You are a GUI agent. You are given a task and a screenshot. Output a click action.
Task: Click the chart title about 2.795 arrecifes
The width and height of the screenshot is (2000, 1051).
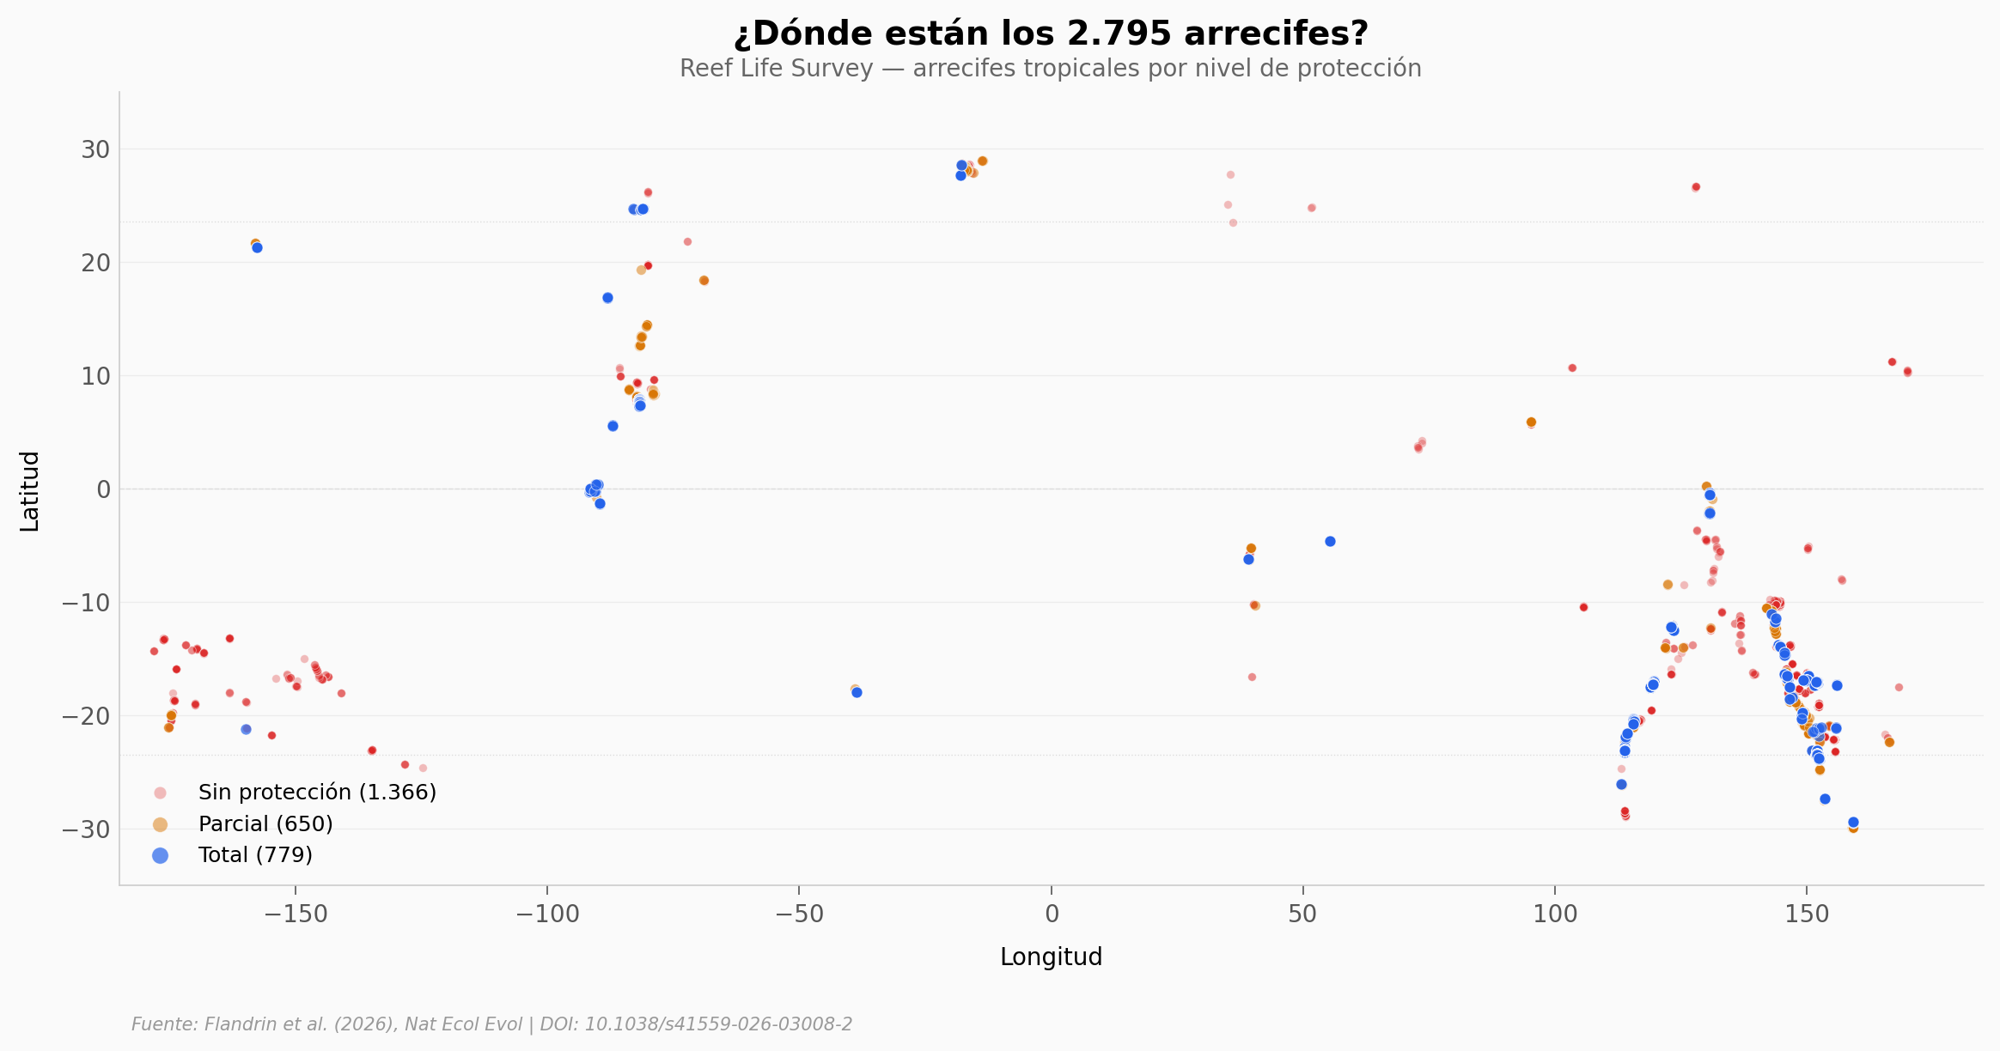1050,34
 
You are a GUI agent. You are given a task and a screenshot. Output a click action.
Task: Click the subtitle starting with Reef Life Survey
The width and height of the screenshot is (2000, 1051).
1050,69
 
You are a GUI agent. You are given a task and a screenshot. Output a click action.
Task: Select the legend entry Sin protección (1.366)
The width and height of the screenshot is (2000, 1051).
317,793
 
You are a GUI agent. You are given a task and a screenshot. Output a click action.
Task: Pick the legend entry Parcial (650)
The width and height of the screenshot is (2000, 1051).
265,824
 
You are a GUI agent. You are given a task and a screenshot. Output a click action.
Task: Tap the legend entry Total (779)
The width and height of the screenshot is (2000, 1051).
255,855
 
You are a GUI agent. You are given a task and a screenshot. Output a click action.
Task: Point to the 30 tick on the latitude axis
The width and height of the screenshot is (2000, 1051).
96,149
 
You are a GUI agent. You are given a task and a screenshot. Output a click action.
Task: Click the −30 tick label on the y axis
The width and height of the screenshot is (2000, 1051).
87,829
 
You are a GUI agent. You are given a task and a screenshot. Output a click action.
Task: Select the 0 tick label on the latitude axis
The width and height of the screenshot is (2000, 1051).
104,489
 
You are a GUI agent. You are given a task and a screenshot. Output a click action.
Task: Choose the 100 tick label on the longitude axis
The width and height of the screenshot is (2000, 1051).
1555,914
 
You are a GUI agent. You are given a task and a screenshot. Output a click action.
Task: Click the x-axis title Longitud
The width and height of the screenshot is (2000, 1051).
1051,957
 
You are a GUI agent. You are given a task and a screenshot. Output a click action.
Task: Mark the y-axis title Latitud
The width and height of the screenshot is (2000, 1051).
30,491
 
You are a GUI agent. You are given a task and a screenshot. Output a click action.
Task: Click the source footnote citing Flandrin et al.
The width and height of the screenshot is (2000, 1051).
491,1024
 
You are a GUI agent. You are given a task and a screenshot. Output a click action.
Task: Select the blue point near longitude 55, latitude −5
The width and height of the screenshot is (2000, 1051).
1330,542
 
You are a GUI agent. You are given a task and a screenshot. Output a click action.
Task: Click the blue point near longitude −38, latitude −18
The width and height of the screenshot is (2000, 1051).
857,693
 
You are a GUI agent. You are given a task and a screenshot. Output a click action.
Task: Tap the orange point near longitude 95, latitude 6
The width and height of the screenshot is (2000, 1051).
1531,422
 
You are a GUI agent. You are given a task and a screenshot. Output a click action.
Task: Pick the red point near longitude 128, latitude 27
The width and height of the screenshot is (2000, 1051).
1696,187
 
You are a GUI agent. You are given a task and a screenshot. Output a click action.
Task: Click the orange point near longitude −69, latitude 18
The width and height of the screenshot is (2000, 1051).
704,281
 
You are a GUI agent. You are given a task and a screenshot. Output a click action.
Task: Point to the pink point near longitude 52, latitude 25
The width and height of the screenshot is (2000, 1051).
1312,208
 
